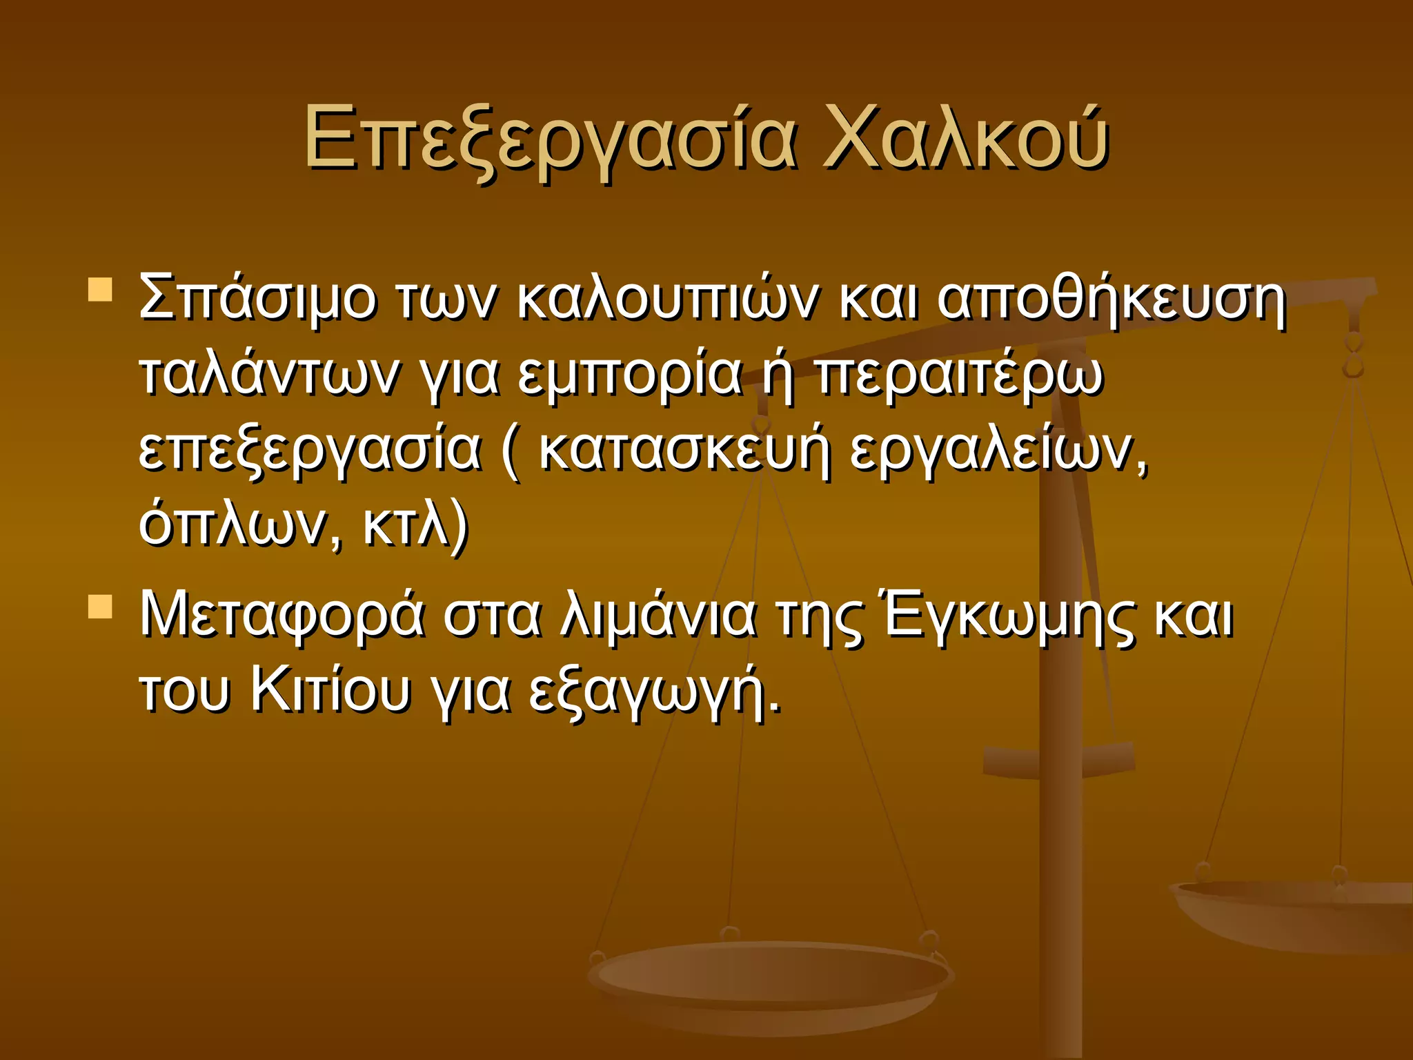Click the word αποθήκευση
(1111, 299)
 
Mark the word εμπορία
(629, 376)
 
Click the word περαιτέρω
(960, 376)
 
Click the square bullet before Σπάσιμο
(101, 290)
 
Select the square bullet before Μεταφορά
(101, 607)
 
